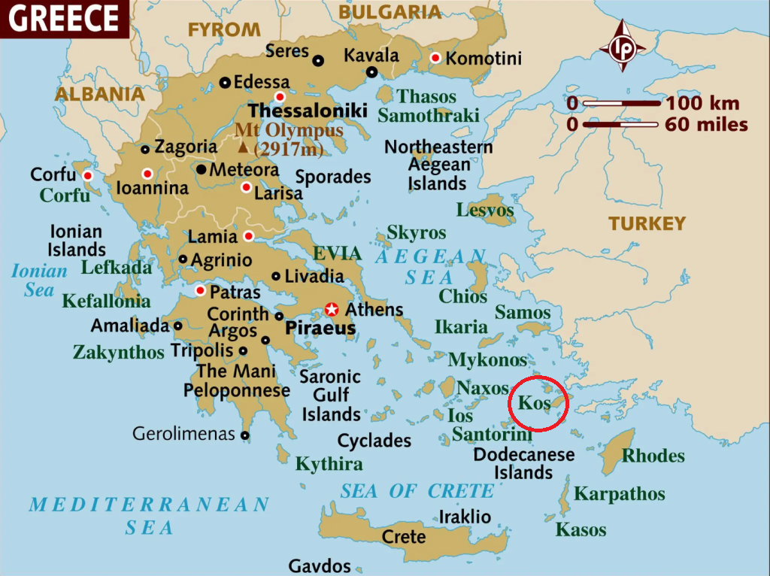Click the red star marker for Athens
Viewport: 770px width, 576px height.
click(x=331, y=309)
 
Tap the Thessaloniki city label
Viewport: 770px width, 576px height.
click(x=308, y=111)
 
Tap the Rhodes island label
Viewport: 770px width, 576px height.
click(x=653, y=456)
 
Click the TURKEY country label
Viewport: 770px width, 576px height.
click(x=647, y=223)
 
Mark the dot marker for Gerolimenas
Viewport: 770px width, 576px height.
click(x=245, y=435)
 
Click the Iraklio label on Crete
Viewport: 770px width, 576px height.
click(x=465, y=517)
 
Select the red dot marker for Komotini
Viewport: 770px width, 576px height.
click(x=435, y=58)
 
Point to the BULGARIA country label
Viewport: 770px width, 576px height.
click(x=390, y=12)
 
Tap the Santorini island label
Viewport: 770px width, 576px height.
click(x=492, y=435)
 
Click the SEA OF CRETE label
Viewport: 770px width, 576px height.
click(x=417, y=491)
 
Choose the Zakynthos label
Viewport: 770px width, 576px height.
click(x=118, y=352)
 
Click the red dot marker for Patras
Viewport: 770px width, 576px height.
click(x=200, y=291)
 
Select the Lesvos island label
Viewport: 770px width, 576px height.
click(x=485, y=210)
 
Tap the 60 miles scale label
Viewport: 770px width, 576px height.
click(x=706, y=124)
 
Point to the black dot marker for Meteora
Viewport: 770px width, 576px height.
click(x=202, y=170)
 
